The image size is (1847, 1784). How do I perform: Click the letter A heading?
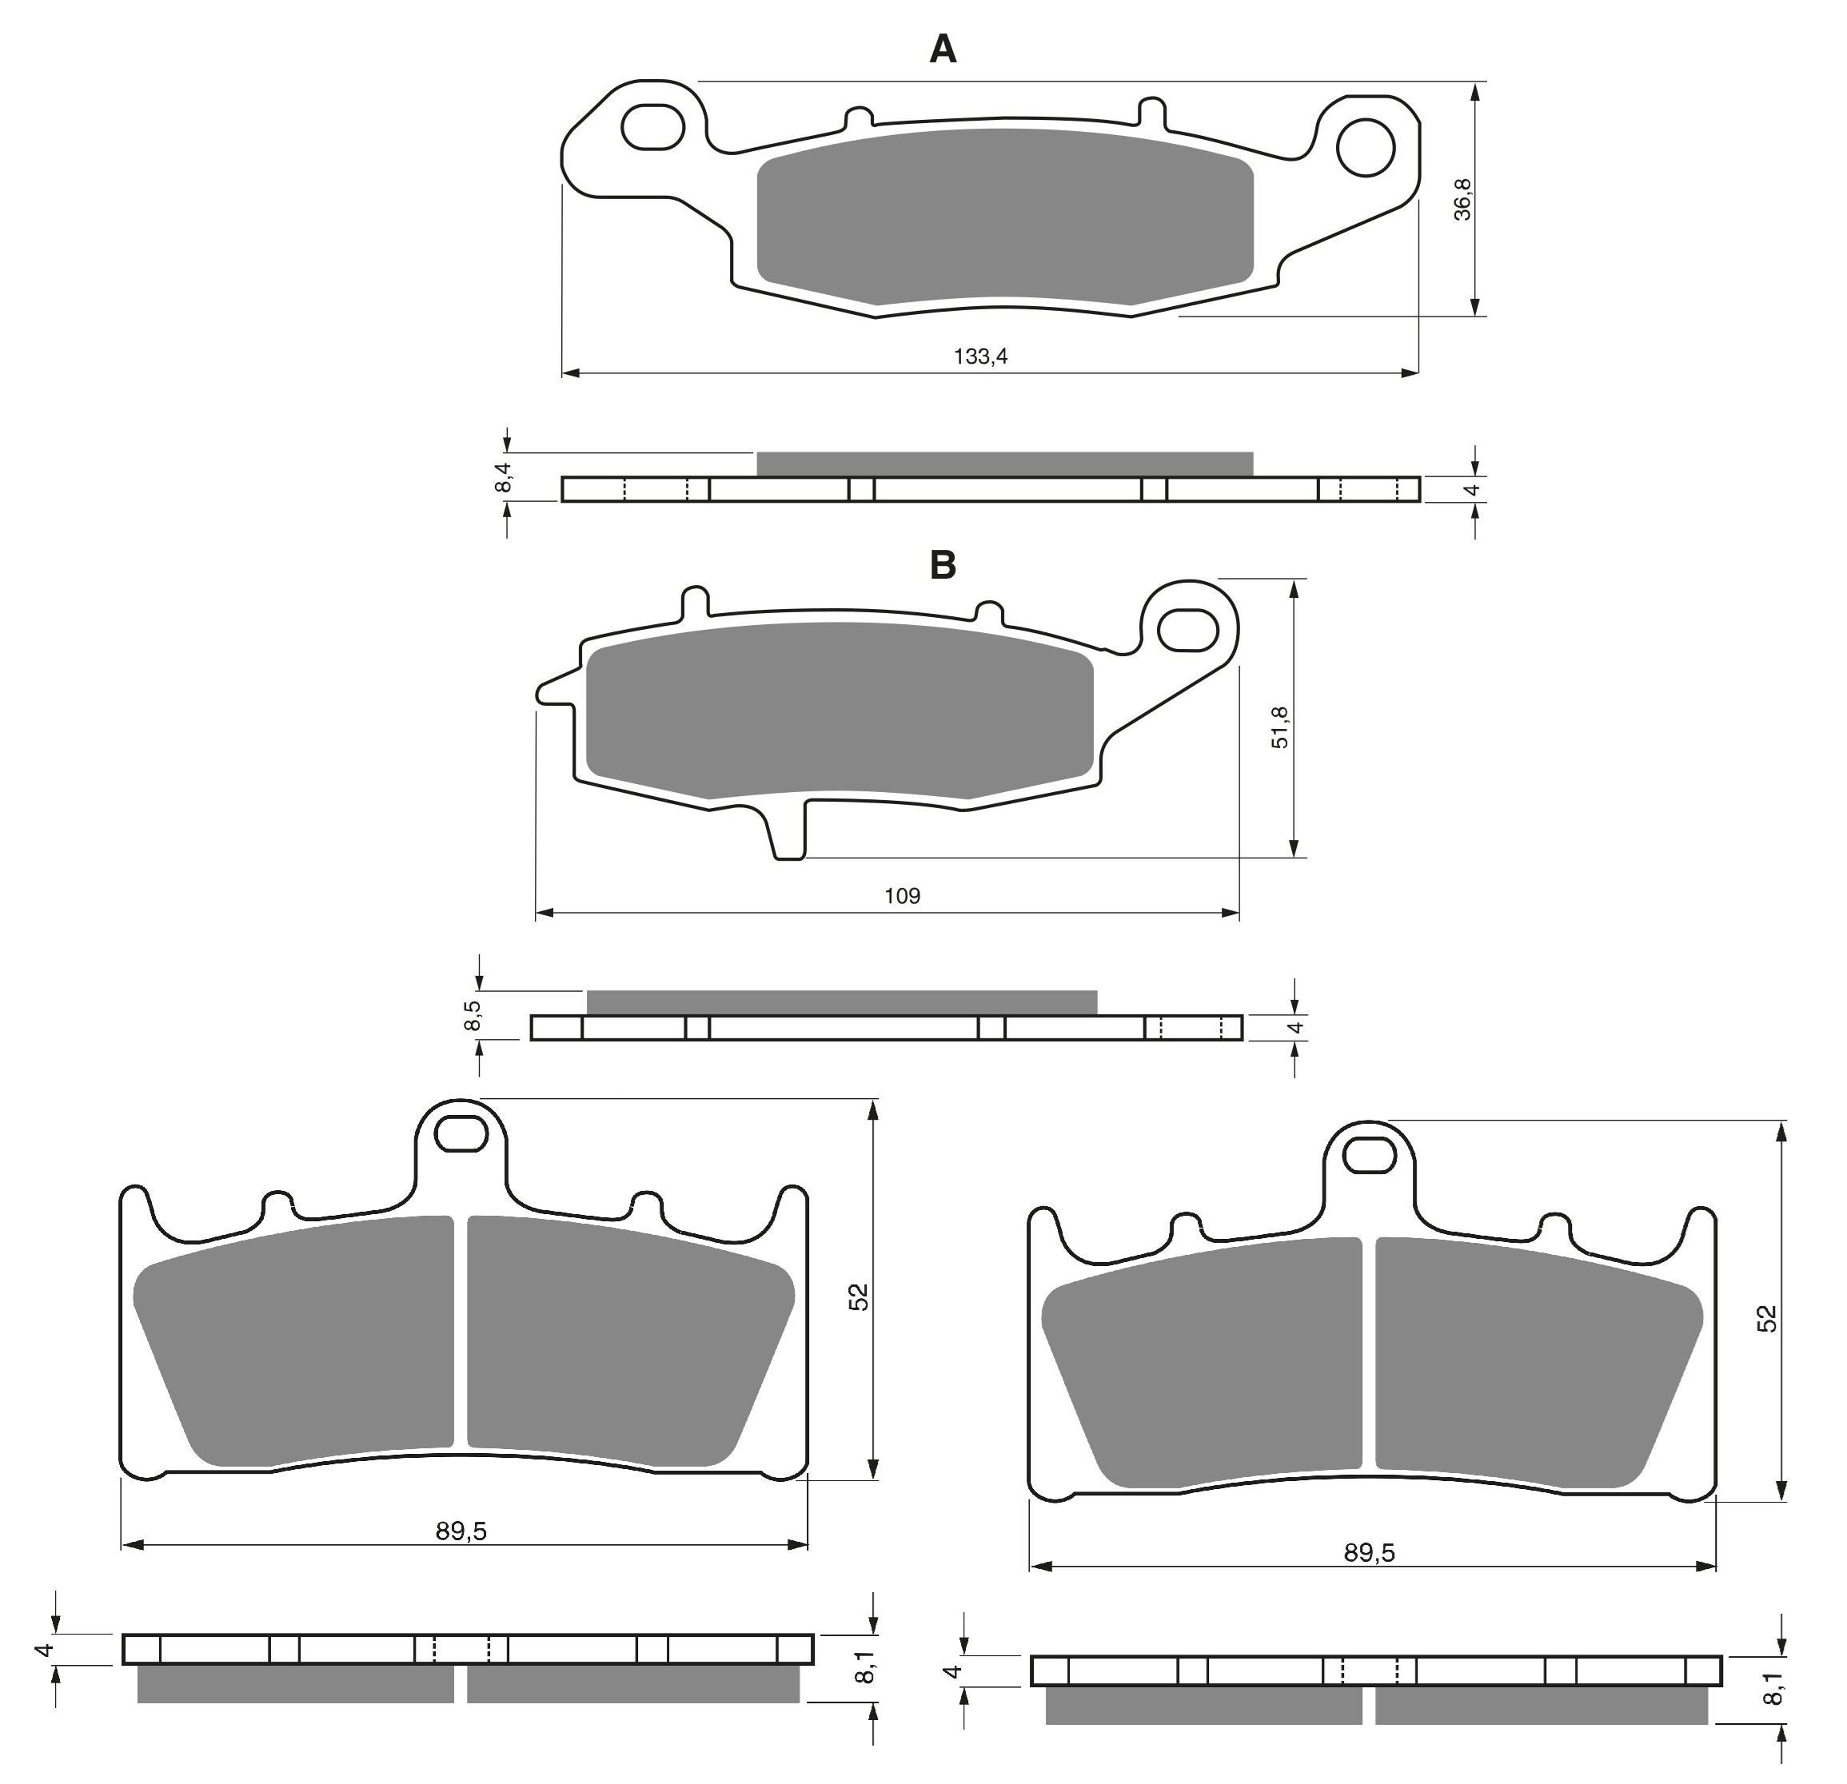(943, 48)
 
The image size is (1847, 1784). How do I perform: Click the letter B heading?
(943, 565)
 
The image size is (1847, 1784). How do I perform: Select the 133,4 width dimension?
(980, 356)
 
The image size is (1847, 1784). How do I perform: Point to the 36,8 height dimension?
(1462, 199)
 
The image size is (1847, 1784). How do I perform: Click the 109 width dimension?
(902, 896)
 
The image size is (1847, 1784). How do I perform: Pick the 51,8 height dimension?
(1279, 727)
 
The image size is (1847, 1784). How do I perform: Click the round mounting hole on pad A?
(1366, 147)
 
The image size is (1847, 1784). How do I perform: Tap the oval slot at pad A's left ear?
(652, 126)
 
